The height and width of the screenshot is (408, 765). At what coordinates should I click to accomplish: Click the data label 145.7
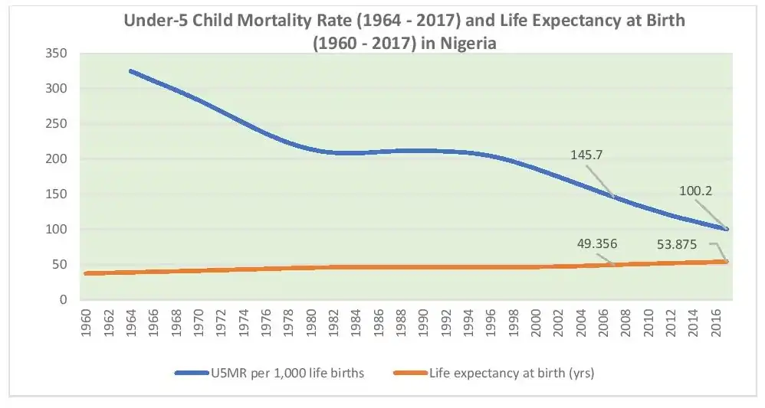(588, 155)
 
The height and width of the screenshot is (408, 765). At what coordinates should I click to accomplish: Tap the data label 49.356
(596, 244)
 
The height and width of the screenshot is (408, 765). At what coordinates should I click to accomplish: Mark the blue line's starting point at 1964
(131, 71)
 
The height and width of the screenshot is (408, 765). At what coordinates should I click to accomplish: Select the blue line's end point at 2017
(727, 229)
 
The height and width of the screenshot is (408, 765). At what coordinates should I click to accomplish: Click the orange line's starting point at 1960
(85, 273)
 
